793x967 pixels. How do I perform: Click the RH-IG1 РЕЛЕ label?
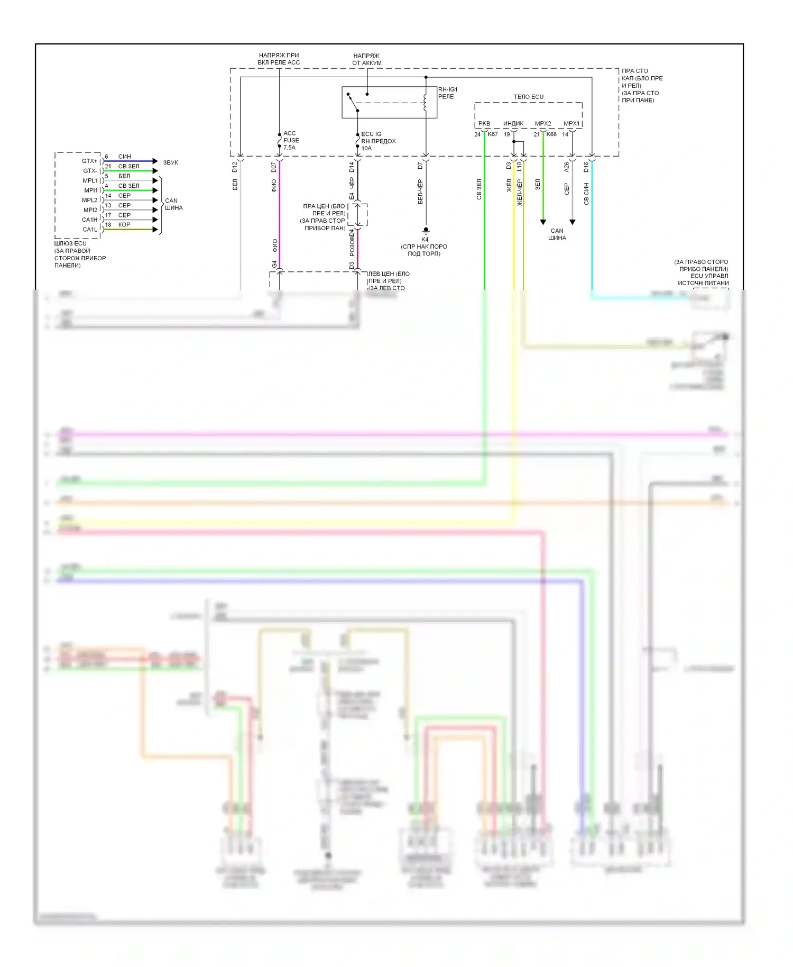(447, 93)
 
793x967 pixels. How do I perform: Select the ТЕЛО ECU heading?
(528, 97)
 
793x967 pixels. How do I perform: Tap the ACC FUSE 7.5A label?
(291, 141)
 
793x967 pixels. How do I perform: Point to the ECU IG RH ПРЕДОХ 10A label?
(378, 141)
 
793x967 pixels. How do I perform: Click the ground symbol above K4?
(426, 231)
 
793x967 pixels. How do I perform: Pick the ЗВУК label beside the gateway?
(170, 162)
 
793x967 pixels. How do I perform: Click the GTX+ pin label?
(89, 161)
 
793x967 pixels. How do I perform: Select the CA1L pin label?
(90, 230)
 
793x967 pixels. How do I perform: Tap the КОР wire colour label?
(124, 225)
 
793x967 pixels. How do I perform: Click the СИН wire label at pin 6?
(125, 157)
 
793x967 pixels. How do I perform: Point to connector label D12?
(235, 167)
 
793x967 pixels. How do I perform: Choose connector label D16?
(586, 167)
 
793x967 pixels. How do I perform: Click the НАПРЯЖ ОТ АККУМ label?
(366, 59)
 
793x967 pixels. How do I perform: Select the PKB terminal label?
(484, 124)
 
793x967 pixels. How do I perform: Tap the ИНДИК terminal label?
(513, 124)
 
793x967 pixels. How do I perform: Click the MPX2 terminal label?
(543, 124)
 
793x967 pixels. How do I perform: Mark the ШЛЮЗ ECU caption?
(70, 244)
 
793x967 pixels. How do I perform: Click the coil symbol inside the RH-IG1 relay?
(425, 103)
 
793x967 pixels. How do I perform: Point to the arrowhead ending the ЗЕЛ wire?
(543, 222)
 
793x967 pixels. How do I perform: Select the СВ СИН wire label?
(586, 194)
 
